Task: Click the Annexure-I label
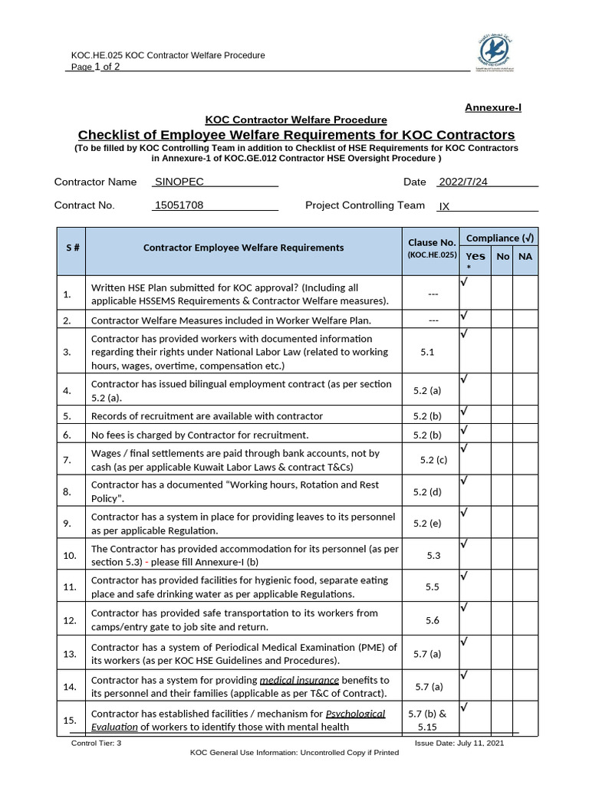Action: (x=493, y=107)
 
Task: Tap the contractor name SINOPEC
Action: (x=179, y=182)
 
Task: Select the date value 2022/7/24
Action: (x=462, y=182)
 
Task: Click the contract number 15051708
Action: (x=179, y=205)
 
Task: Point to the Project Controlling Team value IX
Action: (x=444, y=206)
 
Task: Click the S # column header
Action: (x=72, y=248)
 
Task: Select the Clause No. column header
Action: (x=432, y=248)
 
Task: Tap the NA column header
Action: (x=525, y=256)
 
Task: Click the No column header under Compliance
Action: (x=502, y=256)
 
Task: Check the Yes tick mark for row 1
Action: (x=464, y=282)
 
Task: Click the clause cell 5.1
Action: (x=428, y=352)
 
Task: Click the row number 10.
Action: (x=70, y=555)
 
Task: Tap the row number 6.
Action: (x=67, y=435)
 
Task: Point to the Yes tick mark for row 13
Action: (x=464, y=640)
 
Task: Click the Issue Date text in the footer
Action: (x=459, y=743)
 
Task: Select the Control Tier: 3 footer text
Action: (x=96, y=743)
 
